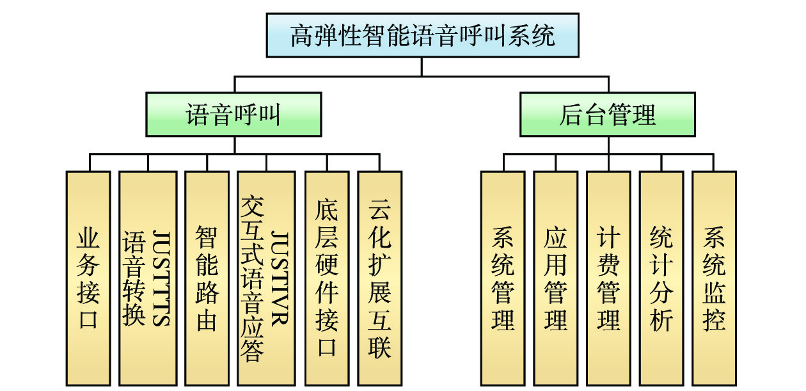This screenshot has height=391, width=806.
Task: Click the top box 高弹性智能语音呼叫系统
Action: click(422, 36)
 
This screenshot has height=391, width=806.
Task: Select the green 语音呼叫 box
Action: click(233, 115)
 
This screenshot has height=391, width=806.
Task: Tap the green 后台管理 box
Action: click(607, 115)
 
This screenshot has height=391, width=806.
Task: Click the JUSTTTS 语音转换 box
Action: click(148, 278)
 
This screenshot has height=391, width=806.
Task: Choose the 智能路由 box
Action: click(207, 278)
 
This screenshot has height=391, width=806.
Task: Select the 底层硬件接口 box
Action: click(326, 278)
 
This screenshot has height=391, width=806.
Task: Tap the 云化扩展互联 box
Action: click(379, 278)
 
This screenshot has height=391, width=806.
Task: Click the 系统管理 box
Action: click(503, 278)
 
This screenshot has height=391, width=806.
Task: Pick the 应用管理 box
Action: click(555, 278)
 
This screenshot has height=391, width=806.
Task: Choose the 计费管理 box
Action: click(608, 278)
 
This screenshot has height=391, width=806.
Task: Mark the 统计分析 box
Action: click(661, 278)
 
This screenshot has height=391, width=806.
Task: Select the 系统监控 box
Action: click(714, 278)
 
